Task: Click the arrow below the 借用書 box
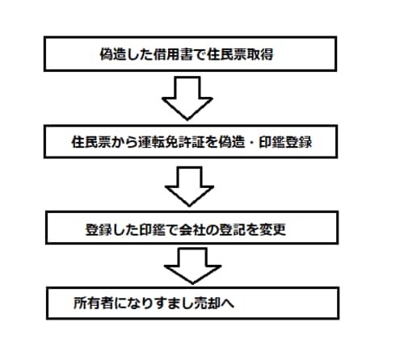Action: [x=187, y=98]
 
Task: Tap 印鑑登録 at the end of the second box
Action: [x=285, y=142]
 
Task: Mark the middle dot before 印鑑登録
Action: [x=251, y=142]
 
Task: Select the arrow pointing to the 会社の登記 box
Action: [x=189, y=186]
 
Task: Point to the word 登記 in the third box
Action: [x=233, y=230]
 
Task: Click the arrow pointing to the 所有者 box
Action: [x=192, y=266]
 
